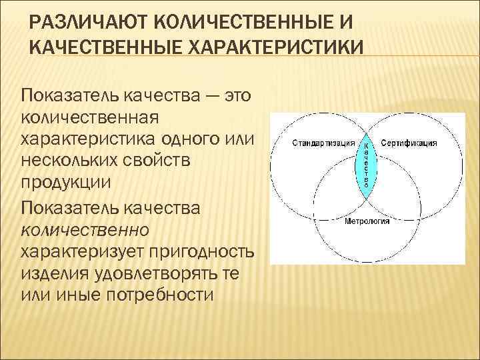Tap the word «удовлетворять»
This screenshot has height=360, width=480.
158,273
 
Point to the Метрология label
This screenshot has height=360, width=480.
367,221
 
